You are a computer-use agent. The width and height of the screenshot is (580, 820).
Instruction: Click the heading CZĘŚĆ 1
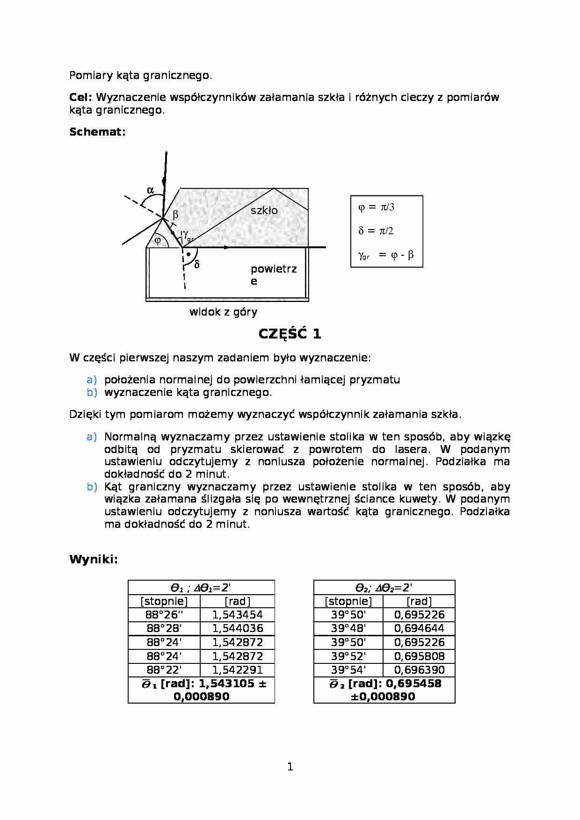[290, 334]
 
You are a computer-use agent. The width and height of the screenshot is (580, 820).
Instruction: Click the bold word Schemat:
[97, 132]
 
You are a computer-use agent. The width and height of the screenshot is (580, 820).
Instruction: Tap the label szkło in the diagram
[264, 210]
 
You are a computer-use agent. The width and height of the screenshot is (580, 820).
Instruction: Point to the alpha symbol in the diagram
[150, 190]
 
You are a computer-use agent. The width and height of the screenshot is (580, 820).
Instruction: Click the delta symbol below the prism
[196, 265]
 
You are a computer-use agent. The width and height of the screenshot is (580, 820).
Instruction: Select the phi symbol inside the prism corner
[158, 240]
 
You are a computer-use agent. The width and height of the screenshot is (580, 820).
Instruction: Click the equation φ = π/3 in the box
[376, 207]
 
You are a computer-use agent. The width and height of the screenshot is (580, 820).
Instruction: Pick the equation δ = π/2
[376, 231]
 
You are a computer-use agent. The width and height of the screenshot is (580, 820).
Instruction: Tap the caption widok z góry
[223, 312]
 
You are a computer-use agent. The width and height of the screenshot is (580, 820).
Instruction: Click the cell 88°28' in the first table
[164, 628]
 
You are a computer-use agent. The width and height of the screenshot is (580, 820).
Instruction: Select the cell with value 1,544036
[237, 628]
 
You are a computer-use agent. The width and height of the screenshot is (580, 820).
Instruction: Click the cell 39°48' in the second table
[348, 628]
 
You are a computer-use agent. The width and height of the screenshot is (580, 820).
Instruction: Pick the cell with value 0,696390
[419, 670]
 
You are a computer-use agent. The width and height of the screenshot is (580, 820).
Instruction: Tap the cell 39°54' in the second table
[348, 670]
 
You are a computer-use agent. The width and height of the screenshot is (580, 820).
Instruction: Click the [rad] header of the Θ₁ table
[237, 601]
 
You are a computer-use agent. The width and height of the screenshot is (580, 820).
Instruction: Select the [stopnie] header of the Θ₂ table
[348, 601]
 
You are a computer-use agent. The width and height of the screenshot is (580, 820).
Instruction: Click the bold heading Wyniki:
[94, 560]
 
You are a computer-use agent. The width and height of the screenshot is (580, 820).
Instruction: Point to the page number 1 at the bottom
[290, 766]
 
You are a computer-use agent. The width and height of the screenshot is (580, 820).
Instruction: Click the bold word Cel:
[81, 97]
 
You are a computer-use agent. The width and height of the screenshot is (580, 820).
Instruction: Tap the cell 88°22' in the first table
[164, 670]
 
